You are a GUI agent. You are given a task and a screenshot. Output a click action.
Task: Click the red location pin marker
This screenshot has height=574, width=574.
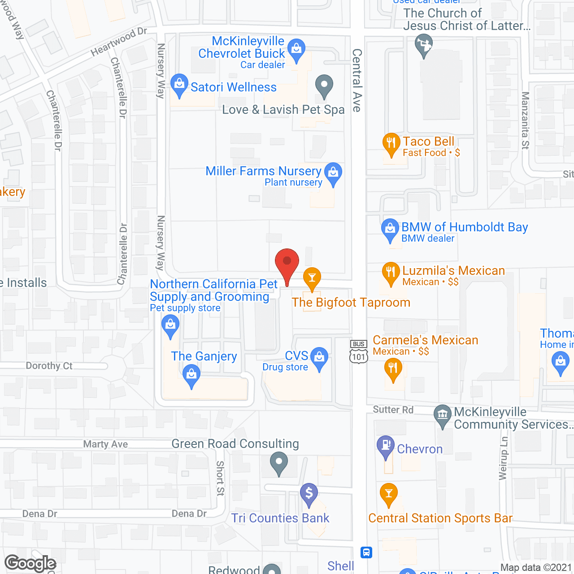coord(287,262)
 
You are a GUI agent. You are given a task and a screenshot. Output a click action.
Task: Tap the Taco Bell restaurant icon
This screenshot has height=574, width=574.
coord(391,143)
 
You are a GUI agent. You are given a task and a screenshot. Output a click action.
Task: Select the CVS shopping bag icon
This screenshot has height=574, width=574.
coord(319,357)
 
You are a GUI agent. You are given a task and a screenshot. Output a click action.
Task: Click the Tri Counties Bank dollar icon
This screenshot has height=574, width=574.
coord(309,493)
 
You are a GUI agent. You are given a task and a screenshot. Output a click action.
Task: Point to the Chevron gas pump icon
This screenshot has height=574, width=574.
coord(385,445)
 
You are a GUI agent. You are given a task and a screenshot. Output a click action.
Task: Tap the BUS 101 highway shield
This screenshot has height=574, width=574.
coord(359,351)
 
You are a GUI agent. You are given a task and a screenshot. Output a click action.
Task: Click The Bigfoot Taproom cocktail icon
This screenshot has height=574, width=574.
coord(312,277)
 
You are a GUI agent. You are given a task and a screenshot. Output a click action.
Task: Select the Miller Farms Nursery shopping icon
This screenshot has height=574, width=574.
coord(333,172)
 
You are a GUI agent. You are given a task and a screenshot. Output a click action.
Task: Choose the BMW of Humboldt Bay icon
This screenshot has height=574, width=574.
coord(390,228)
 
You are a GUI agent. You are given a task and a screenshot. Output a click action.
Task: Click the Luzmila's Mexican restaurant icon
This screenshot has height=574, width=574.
coord(391,272)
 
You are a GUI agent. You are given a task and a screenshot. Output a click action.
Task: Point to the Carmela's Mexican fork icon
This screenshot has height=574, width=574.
coord(393,369)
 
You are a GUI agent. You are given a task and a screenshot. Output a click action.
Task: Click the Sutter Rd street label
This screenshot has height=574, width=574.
coord(393,409)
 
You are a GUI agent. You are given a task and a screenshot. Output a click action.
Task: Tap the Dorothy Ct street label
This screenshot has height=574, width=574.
coord(49,366)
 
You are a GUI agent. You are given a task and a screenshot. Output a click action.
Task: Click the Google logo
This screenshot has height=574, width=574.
coord(30,563)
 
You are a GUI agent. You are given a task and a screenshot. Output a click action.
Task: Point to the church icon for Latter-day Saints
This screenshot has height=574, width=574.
coord(424,45)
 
